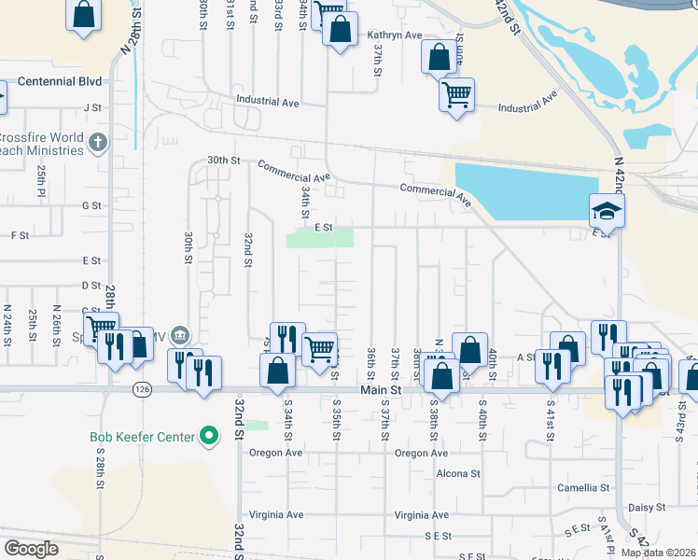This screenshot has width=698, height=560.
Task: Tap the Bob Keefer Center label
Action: [142, 437]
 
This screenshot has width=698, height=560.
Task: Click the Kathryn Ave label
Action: [395, 35]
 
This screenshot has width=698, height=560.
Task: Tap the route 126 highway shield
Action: [141, 391]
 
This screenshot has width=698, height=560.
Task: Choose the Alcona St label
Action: [458, 473]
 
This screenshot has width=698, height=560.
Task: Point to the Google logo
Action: [31, 549]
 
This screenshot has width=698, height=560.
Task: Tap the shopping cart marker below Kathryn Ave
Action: [456, 93]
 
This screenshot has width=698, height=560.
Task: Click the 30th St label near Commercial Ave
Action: [224, 160]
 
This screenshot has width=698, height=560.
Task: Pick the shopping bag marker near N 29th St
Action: [84, 15]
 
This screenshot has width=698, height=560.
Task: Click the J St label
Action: [91, 107]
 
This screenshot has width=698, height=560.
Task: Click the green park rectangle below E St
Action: [320, 237]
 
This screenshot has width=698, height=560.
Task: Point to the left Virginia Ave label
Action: [276, 514]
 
